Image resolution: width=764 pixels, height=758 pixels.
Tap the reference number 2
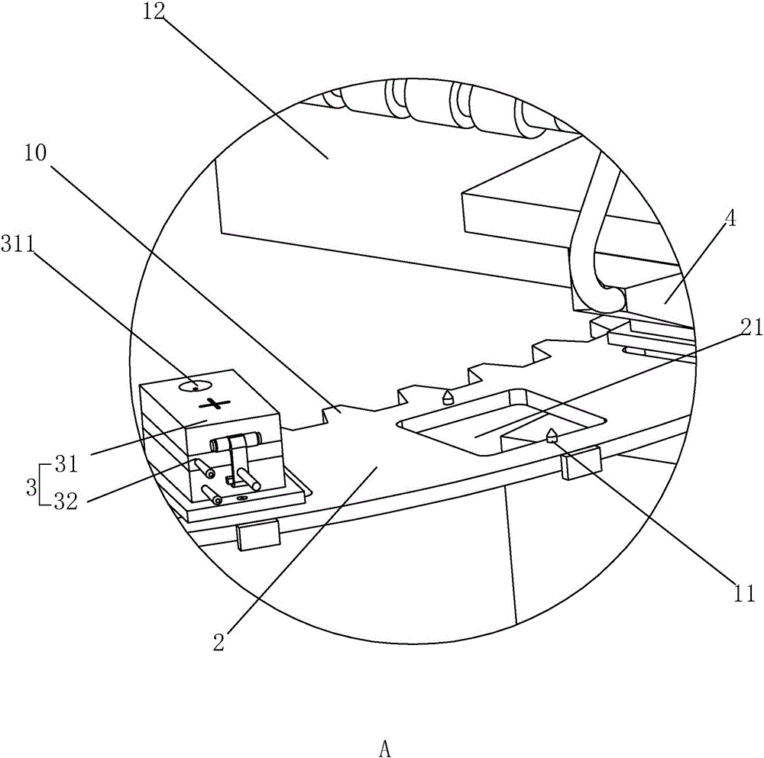pos(219,643)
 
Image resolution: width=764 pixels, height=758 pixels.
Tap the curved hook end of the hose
pos(604,294)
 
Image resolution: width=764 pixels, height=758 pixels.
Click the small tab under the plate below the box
pos(258,536)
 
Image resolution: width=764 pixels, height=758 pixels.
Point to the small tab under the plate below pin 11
pos(581,465)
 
